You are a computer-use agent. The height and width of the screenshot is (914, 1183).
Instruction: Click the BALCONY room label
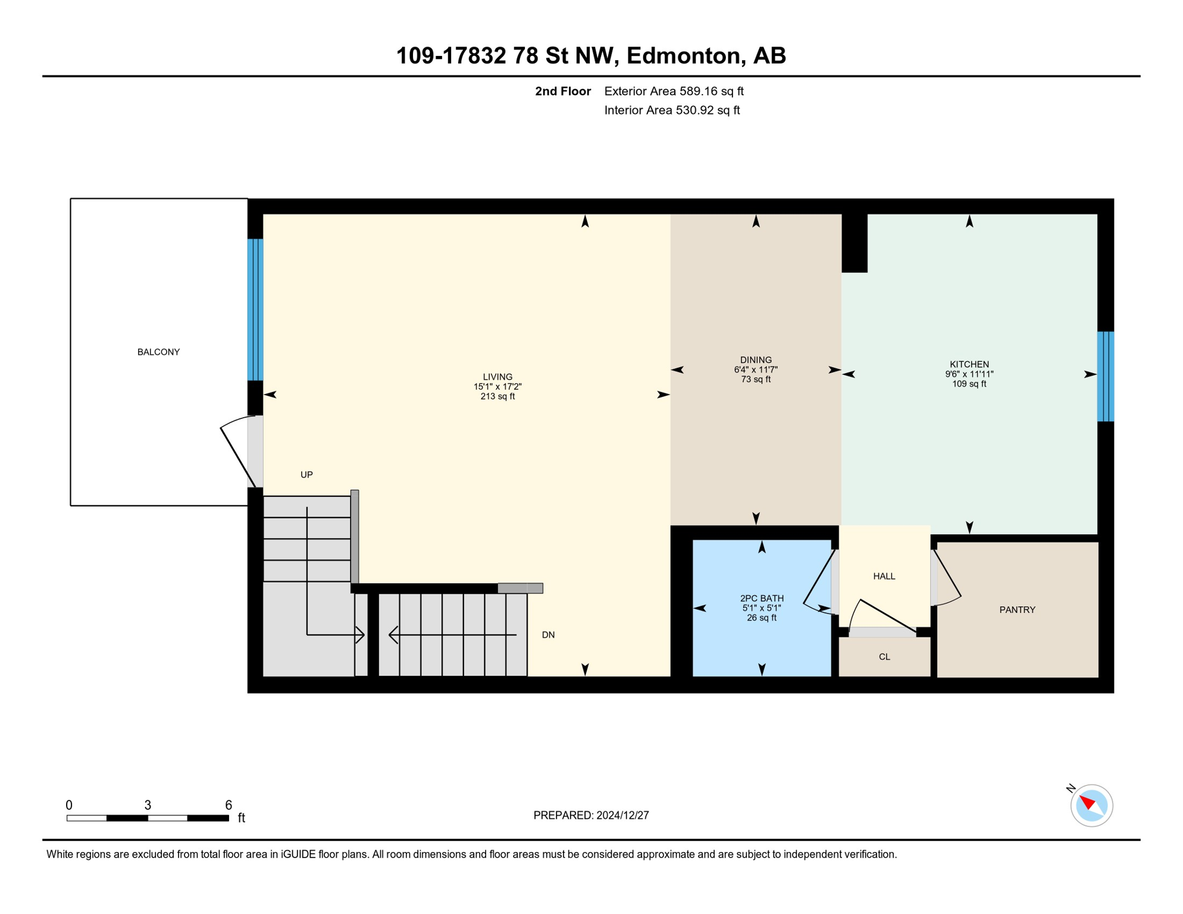click(158, 352)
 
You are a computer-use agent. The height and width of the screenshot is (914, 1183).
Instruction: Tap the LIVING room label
click(497, 377)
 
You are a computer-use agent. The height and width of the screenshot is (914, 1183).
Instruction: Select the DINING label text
click(756, 360)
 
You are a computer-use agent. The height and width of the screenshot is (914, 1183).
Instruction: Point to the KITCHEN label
click(969, 364)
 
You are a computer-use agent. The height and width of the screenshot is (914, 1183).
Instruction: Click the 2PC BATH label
click(762, 598)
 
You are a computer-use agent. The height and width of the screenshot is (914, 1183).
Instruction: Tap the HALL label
click(884, 576)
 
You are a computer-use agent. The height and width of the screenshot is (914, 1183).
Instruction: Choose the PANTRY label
click(1018, 609)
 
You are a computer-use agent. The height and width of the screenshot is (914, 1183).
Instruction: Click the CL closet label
click(884, 657)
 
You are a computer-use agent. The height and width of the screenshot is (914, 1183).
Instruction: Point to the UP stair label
click(306, 474)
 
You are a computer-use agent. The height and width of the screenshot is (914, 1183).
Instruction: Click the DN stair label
click(548, 635)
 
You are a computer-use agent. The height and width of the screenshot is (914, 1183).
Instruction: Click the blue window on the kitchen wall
click(1106, 376)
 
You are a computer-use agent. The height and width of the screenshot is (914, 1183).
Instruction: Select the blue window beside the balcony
click(255, 309)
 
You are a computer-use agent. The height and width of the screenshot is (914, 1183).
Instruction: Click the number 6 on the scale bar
click(229, 805)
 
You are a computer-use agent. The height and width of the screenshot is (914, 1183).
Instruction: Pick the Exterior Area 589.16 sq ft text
click(674, 91)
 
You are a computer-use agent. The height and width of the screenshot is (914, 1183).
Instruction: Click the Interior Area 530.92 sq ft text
click(672, 110)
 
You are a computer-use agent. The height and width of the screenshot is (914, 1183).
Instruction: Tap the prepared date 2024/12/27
click(622, 815)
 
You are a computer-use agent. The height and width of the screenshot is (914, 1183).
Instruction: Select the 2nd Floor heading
click(562, 91)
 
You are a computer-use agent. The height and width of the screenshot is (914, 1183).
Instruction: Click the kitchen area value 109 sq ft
click(969, 384)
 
